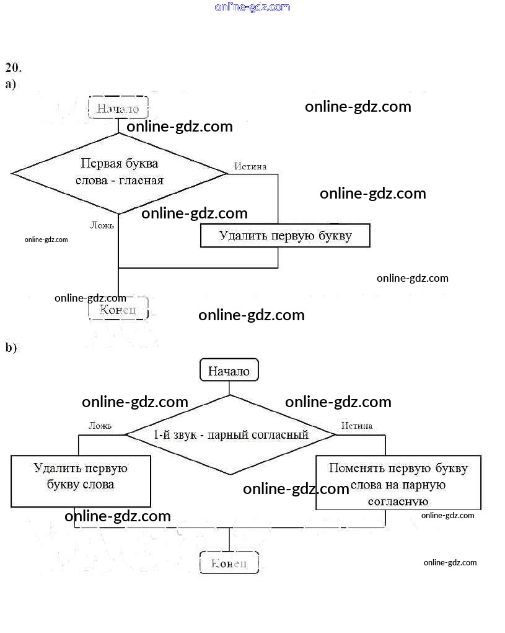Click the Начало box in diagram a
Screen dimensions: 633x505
(x=118, y=108)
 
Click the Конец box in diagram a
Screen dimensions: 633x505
(x=118, y=309)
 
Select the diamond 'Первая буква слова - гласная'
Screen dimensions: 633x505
(x=119, y=173)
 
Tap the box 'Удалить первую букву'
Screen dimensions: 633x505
(x=285, y=236)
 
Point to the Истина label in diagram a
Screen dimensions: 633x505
(x=250, y=166)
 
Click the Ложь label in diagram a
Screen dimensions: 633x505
(x=102, y=225)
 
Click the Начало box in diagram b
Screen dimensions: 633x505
(x=229, y=371)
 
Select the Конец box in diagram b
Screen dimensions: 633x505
(x=229, y=563)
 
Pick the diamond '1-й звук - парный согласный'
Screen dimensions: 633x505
(x=231, y=434)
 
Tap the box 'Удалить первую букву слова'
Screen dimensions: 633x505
(x=81, y=481)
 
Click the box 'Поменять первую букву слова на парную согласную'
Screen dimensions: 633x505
(x=398, y=483)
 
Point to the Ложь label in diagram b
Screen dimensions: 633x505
(x=100, y=426)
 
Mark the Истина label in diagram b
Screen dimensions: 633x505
(x=356, y=426)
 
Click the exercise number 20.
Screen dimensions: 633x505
(x=13, y=67)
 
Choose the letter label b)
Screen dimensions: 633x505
(x=11, y=348)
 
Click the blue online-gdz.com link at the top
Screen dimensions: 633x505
(x=252, y=7)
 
